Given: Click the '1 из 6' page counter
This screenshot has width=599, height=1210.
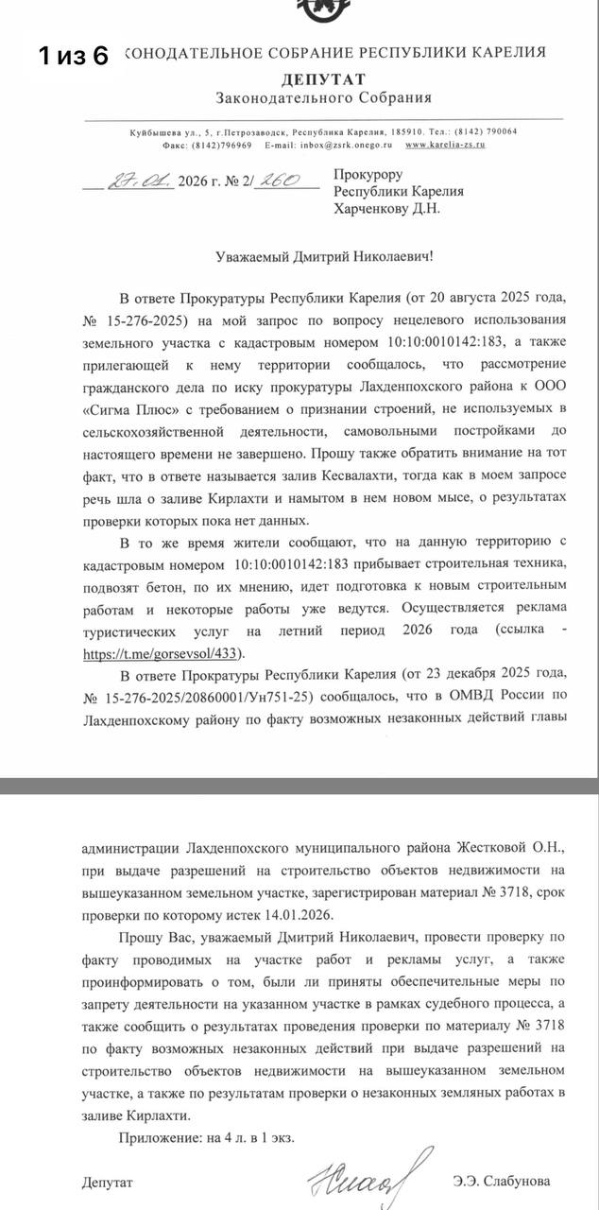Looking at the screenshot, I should tap(74, 56).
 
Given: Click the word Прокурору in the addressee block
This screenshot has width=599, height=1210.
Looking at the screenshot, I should tap(368, 175).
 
